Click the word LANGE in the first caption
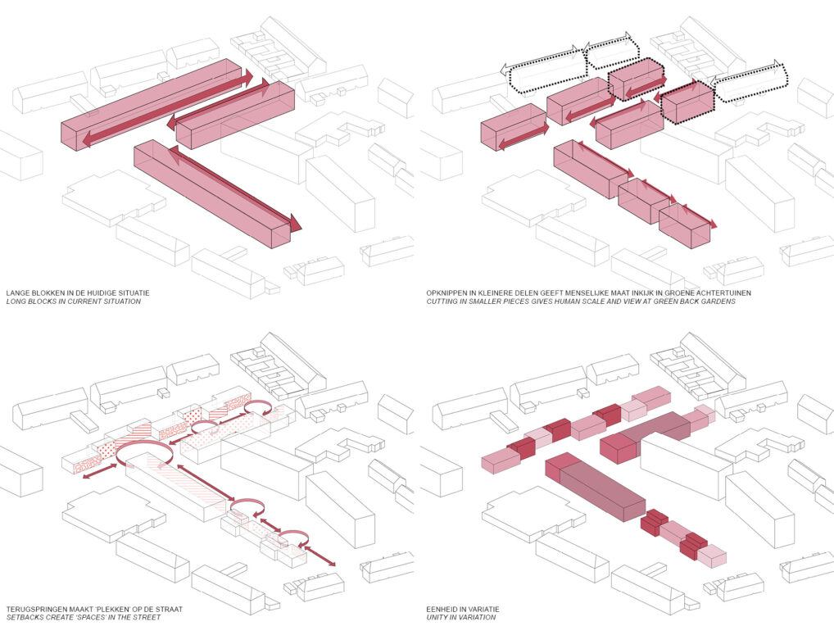(17, 293)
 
